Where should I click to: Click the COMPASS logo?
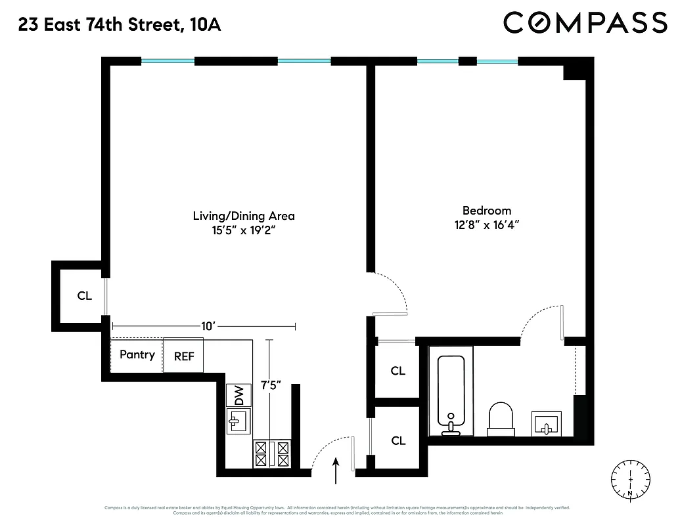[585, 23]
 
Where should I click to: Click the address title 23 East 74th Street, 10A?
[120, 25]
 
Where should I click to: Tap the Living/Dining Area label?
[243, 216]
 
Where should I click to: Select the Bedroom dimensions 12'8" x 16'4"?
[486, 224]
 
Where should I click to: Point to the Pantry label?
[137, 355]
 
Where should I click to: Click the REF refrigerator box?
[183, 356]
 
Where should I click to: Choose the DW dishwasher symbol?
[238, 396]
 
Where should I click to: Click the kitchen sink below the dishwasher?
[238, 421]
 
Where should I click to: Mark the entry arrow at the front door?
[336, 471]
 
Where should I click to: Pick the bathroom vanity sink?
[546, 423]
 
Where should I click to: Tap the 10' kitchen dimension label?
[208, 325]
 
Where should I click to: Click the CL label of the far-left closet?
[84, 296]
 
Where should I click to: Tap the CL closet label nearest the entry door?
[398, 440]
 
